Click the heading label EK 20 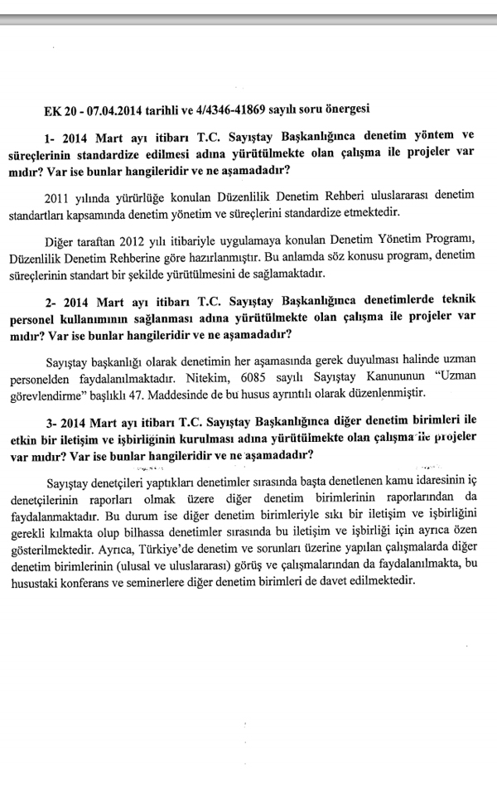point(60,109)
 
